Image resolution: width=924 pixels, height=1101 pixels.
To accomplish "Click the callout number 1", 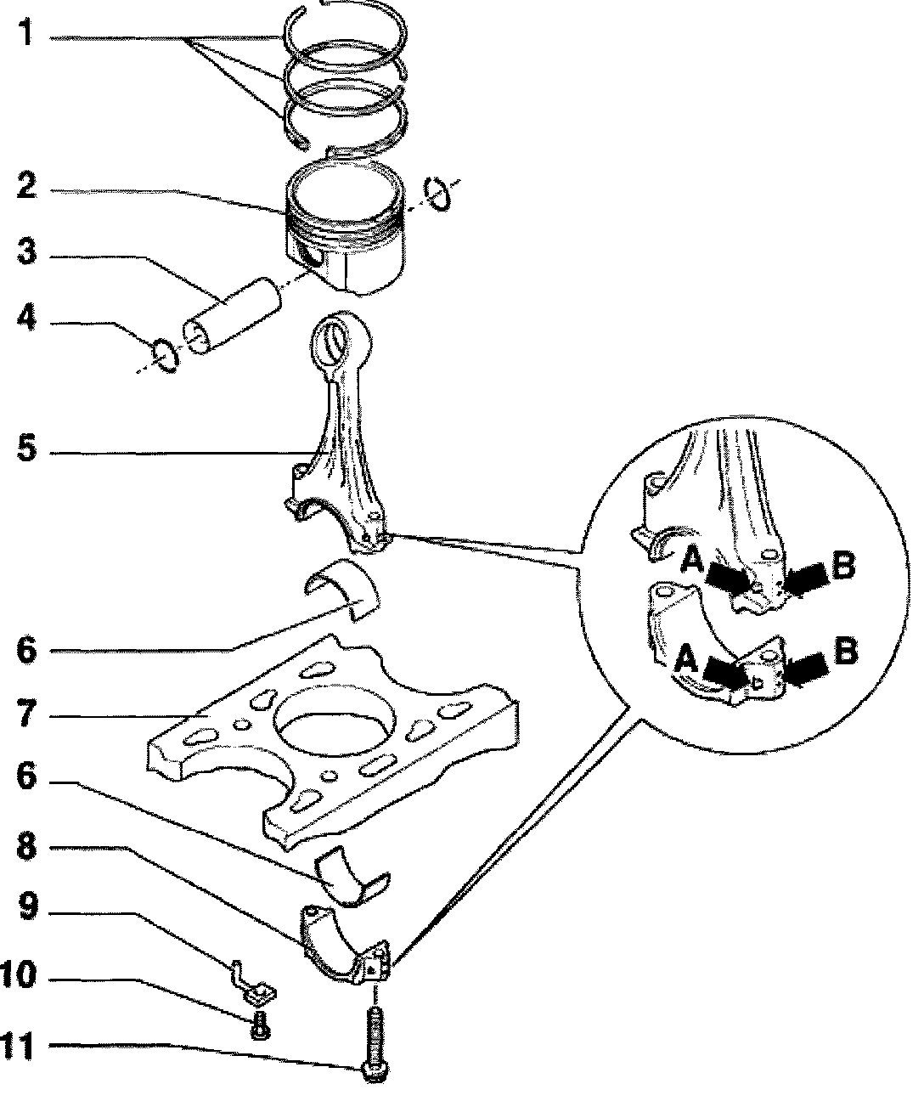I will [27, 36].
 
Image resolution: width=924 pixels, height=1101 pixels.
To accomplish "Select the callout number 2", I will [27, 186].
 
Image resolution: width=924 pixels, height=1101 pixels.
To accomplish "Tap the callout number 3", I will [27, 252].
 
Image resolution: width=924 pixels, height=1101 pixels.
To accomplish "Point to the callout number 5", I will [27, 449].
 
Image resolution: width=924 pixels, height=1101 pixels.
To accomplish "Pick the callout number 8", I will [27, 846].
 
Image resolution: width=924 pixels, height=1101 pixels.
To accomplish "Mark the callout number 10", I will [20, 975].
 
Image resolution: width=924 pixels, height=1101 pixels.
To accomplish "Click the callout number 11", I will [20, 1046].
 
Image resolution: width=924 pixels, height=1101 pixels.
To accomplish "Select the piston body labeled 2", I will [344, 234].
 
